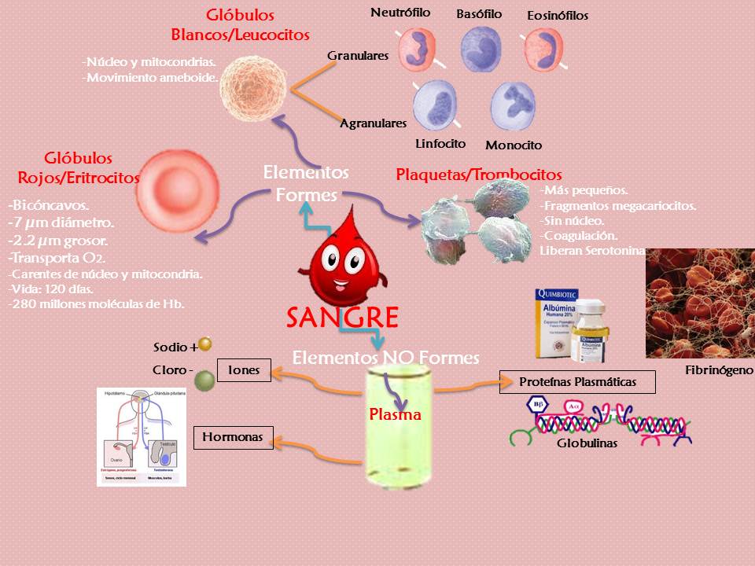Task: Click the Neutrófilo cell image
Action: click(416, 50)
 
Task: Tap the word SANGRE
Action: click(342, 318)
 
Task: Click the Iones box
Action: click(244, 370)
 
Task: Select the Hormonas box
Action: click(233, 436)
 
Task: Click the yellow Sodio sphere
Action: click(205, 344)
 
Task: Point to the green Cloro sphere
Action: click(204, 381)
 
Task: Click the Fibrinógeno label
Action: click(719, 369)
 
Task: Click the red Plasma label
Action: click(396, 414)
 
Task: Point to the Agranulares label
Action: click(373, 123)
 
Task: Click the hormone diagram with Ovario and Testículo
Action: click(142, 436)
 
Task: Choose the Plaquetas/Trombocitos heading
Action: click(478, 175)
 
